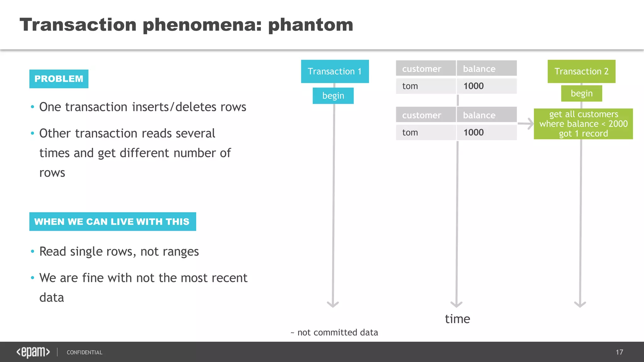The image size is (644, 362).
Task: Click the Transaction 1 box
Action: [x=335, y=71]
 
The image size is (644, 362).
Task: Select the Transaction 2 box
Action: [x=581, y=71]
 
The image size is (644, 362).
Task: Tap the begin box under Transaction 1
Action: [x=333, y=96]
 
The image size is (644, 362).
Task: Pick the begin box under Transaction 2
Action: [x=581, y=93]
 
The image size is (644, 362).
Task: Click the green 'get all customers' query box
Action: [x=583, y=124]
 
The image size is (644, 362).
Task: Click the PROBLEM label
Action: [x=59, y=79]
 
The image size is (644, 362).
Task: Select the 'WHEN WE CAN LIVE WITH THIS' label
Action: [x=113, y=222]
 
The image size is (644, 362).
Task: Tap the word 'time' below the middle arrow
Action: [x=457, y=319]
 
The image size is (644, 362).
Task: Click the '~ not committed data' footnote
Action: [x=334, y=332]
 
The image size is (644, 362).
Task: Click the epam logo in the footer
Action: [x=33, y=352]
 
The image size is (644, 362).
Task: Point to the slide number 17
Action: [x=619, y=352]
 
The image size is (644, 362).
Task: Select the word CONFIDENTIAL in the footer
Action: [x=84, y=353]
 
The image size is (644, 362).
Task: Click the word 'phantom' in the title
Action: [x=311, y=25]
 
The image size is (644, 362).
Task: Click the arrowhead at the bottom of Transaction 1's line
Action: [x=333, y=304]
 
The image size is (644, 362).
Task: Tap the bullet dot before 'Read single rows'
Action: [x=32, y=251]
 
